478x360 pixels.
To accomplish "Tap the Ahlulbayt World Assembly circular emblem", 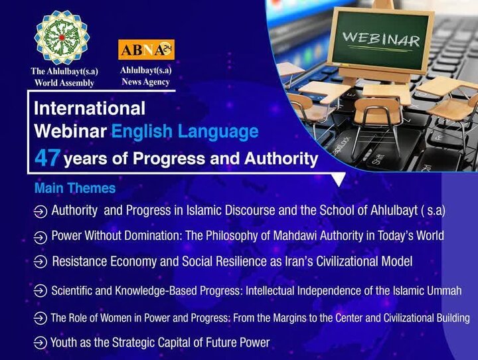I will coord(61,38).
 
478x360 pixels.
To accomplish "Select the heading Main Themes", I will coord(74,189).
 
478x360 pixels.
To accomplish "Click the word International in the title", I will coord(89,108).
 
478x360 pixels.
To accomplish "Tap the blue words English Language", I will coord(185,132).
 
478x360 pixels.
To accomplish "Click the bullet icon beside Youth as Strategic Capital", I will coord(40,343).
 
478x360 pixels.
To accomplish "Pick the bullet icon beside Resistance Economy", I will coord(40,262).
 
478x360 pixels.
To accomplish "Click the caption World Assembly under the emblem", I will coord(62,83).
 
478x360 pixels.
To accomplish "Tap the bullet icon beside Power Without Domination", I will coord(40,236).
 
